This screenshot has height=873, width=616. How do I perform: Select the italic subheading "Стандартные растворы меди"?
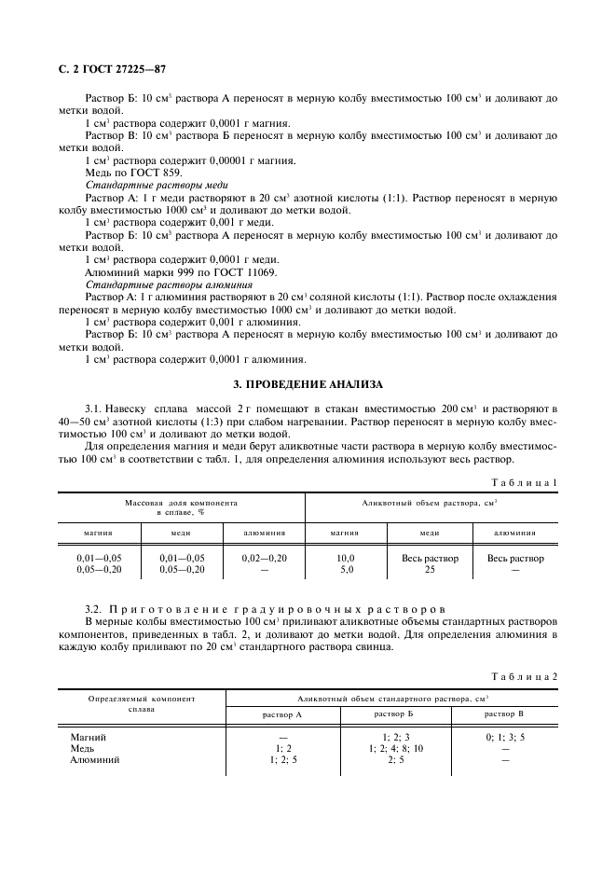point(149,186)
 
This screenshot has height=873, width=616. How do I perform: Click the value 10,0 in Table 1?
point(344,558)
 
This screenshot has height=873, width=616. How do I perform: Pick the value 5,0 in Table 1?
point(344,569)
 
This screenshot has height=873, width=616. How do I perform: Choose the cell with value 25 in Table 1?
point(430,569)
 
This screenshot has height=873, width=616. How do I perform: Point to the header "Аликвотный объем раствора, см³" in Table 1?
point(430,502)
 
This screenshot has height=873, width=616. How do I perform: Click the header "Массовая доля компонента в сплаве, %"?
point(182,507)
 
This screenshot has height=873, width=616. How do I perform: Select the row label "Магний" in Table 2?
point(89,737)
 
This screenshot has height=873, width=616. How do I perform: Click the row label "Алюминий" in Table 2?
point(95,760)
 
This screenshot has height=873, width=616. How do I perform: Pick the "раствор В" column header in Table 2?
point(504,714)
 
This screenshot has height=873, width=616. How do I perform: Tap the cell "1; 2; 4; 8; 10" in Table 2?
point(395,748)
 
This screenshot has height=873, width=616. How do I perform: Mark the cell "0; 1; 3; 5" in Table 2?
point(504,737)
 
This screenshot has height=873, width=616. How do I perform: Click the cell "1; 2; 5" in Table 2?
point(283,760)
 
